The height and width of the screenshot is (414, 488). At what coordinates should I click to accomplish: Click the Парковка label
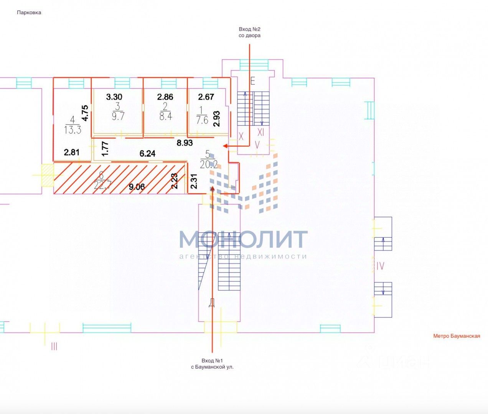29,13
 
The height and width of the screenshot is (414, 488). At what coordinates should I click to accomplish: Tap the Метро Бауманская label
457,336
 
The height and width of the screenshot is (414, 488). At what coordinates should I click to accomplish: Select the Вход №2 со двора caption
250,32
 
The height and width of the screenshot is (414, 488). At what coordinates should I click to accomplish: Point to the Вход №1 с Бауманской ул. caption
212,364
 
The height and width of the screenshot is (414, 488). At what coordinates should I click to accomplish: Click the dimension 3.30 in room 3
114,97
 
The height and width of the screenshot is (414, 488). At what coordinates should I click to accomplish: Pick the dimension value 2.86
165,97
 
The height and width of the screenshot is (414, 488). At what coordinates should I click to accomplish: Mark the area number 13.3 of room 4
73,130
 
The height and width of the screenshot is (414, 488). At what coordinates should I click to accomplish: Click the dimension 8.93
185,143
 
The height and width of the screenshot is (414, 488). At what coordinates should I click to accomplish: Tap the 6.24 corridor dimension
147,154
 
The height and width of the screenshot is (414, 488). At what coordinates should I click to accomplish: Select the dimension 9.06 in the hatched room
137,187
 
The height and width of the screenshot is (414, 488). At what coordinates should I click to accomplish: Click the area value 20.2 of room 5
209,164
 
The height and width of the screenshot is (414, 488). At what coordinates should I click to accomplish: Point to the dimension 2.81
72,152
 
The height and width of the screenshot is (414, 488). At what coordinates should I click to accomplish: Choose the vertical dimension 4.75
85,113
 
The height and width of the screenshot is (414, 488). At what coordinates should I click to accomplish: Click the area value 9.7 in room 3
118,116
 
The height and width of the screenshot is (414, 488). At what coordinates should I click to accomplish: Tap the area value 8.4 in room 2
166,116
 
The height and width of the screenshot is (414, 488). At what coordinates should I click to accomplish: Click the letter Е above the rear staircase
252,81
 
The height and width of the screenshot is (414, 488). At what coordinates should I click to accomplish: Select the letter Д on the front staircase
211,303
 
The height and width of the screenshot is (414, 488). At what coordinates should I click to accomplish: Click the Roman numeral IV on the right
380,266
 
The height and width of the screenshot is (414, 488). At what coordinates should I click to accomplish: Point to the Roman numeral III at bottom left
54,347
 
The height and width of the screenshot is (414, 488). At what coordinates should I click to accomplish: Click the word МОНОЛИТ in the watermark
243,239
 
